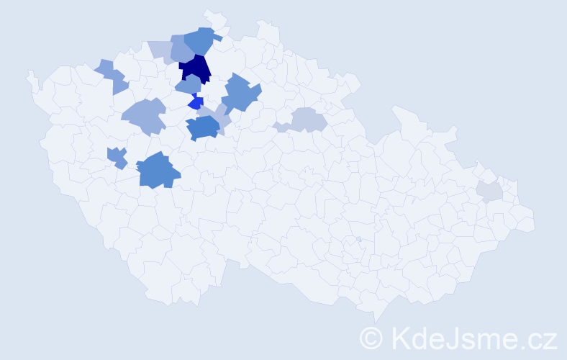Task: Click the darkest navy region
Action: click(195, 68)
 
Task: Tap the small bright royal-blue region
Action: click(196, 103)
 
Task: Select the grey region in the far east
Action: click(489, 191)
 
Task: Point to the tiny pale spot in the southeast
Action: click(358, 239)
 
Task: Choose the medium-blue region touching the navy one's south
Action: click(189, 85)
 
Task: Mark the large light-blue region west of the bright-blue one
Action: click(144, 115)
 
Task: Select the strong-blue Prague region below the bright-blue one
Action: click(202, 127)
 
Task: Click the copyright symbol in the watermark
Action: click(371, 338)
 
